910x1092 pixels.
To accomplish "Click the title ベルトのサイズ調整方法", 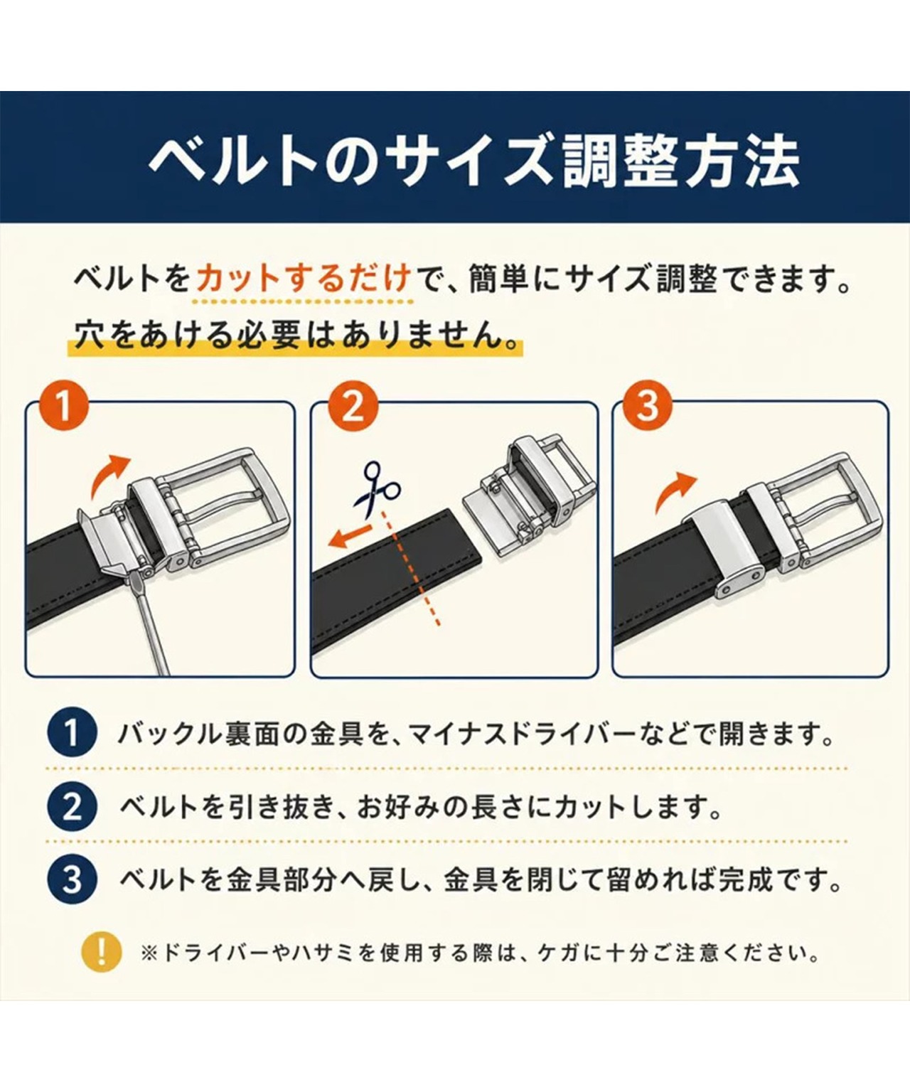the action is pos(474,161).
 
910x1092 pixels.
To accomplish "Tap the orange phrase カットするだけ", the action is pos(303,278).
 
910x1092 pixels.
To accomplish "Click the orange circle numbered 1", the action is pos(63,407).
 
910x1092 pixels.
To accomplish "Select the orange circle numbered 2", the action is pos(353,407).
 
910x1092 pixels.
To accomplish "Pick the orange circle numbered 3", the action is pos(648,407).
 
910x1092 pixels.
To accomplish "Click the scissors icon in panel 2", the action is pos(377,486).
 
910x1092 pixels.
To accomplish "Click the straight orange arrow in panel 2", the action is pos(350,537).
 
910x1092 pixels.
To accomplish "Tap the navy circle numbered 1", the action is pos(72,733).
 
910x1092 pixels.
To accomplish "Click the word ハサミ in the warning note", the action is pos(333,953).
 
